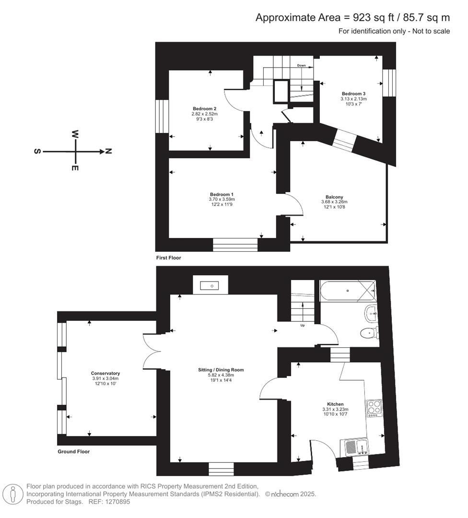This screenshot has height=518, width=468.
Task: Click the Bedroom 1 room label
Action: (x=222, y=194)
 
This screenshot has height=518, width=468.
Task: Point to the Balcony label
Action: (x=334, y=197)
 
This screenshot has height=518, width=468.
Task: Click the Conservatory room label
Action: (x=105, y=373)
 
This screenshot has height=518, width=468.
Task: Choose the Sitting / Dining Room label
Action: (x=221, y=370)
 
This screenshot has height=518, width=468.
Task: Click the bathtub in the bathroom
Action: (x=347, y=291)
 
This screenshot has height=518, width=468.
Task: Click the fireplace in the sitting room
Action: (x=211, y=285)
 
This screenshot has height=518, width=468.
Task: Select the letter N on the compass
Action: (x=108, y=152)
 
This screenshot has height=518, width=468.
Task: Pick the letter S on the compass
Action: (x=37, y=152)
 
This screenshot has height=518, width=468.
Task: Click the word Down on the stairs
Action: (x=301, y=65)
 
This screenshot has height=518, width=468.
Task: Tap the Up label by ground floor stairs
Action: (x=302, y=325)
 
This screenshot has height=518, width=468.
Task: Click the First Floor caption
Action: (x=168, y=258)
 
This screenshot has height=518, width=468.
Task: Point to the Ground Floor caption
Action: (x=73, y=452)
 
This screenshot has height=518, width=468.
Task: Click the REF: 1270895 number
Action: (x=114, y=502)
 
